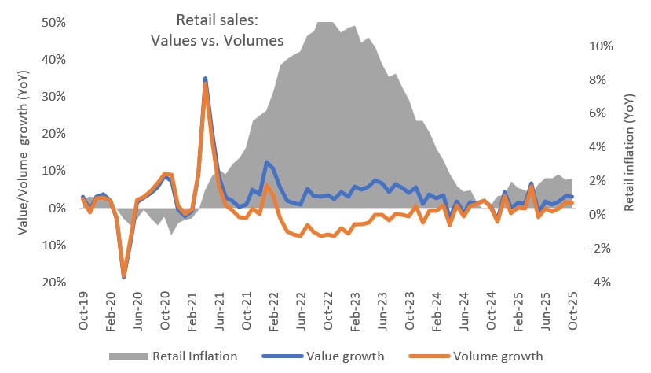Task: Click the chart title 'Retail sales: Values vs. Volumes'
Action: [x=216, y=31]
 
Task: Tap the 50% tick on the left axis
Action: [x=53, y=22]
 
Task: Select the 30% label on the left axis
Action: [x=53, y=97]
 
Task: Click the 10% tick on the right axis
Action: [x=601, y=46]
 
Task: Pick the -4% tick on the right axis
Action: [x=601, y=283]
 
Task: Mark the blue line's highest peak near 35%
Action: [x=206, y=79]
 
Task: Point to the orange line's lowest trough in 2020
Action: [x=123, y=276]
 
